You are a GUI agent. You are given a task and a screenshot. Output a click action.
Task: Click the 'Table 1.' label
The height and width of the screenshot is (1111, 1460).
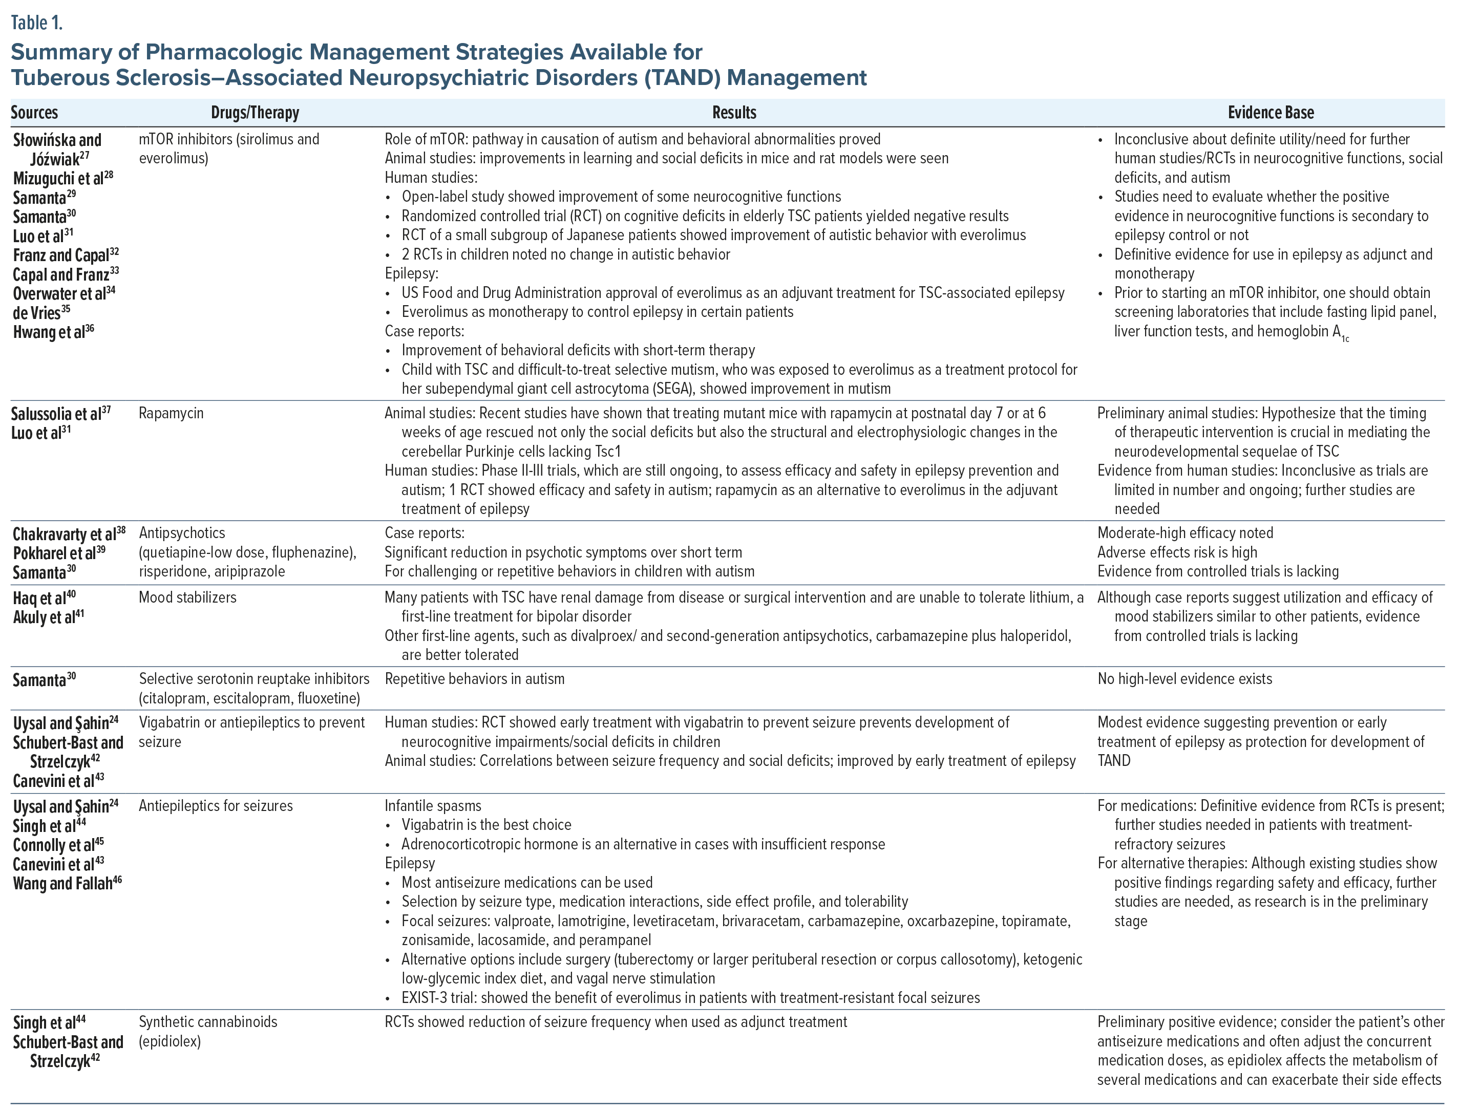(x=36, y=23)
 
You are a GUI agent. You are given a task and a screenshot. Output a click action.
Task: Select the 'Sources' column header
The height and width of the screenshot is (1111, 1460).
(x=34, y=113)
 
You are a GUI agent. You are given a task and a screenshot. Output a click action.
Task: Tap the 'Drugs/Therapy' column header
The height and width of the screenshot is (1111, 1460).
(x=255, y=113)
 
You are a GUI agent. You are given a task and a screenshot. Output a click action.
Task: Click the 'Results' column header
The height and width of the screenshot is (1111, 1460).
(x=734, y=113)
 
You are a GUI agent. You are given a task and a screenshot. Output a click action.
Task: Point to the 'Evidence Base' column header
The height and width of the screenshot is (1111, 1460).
(x=1270, y=113)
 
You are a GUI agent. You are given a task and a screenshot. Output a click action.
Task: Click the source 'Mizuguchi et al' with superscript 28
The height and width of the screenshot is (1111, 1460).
(x=63, y=179)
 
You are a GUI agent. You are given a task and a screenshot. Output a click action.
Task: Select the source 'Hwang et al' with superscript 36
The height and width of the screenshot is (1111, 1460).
(x=53, y=332)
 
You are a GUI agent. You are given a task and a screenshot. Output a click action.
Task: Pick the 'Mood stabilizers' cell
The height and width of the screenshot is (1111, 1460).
(x=187, y=598)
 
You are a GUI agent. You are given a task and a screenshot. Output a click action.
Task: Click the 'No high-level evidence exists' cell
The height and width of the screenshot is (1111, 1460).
(x=1184, y=679)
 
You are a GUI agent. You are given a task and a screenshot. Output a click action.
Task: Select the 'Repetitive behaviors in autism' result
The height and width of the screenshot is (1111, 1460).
(x=474, y=679)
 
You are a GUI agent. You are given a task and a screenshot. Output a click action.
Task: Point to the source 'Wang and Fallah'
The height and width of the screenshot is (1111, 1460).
(x=67, y=884)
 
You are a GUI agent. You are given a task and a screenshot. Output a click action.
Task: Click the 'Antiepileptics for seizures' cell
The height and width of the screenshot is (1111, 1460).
(x=216, y=806)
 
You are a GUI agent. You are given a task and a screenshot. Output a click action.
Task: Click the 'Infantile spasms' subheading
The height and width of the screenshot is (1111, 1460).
(x=433, y=806)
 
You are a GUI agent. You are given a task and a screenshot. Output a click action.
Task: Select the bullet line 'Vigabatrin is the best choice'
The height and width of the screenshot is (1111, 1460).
(x=486, y=825)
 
